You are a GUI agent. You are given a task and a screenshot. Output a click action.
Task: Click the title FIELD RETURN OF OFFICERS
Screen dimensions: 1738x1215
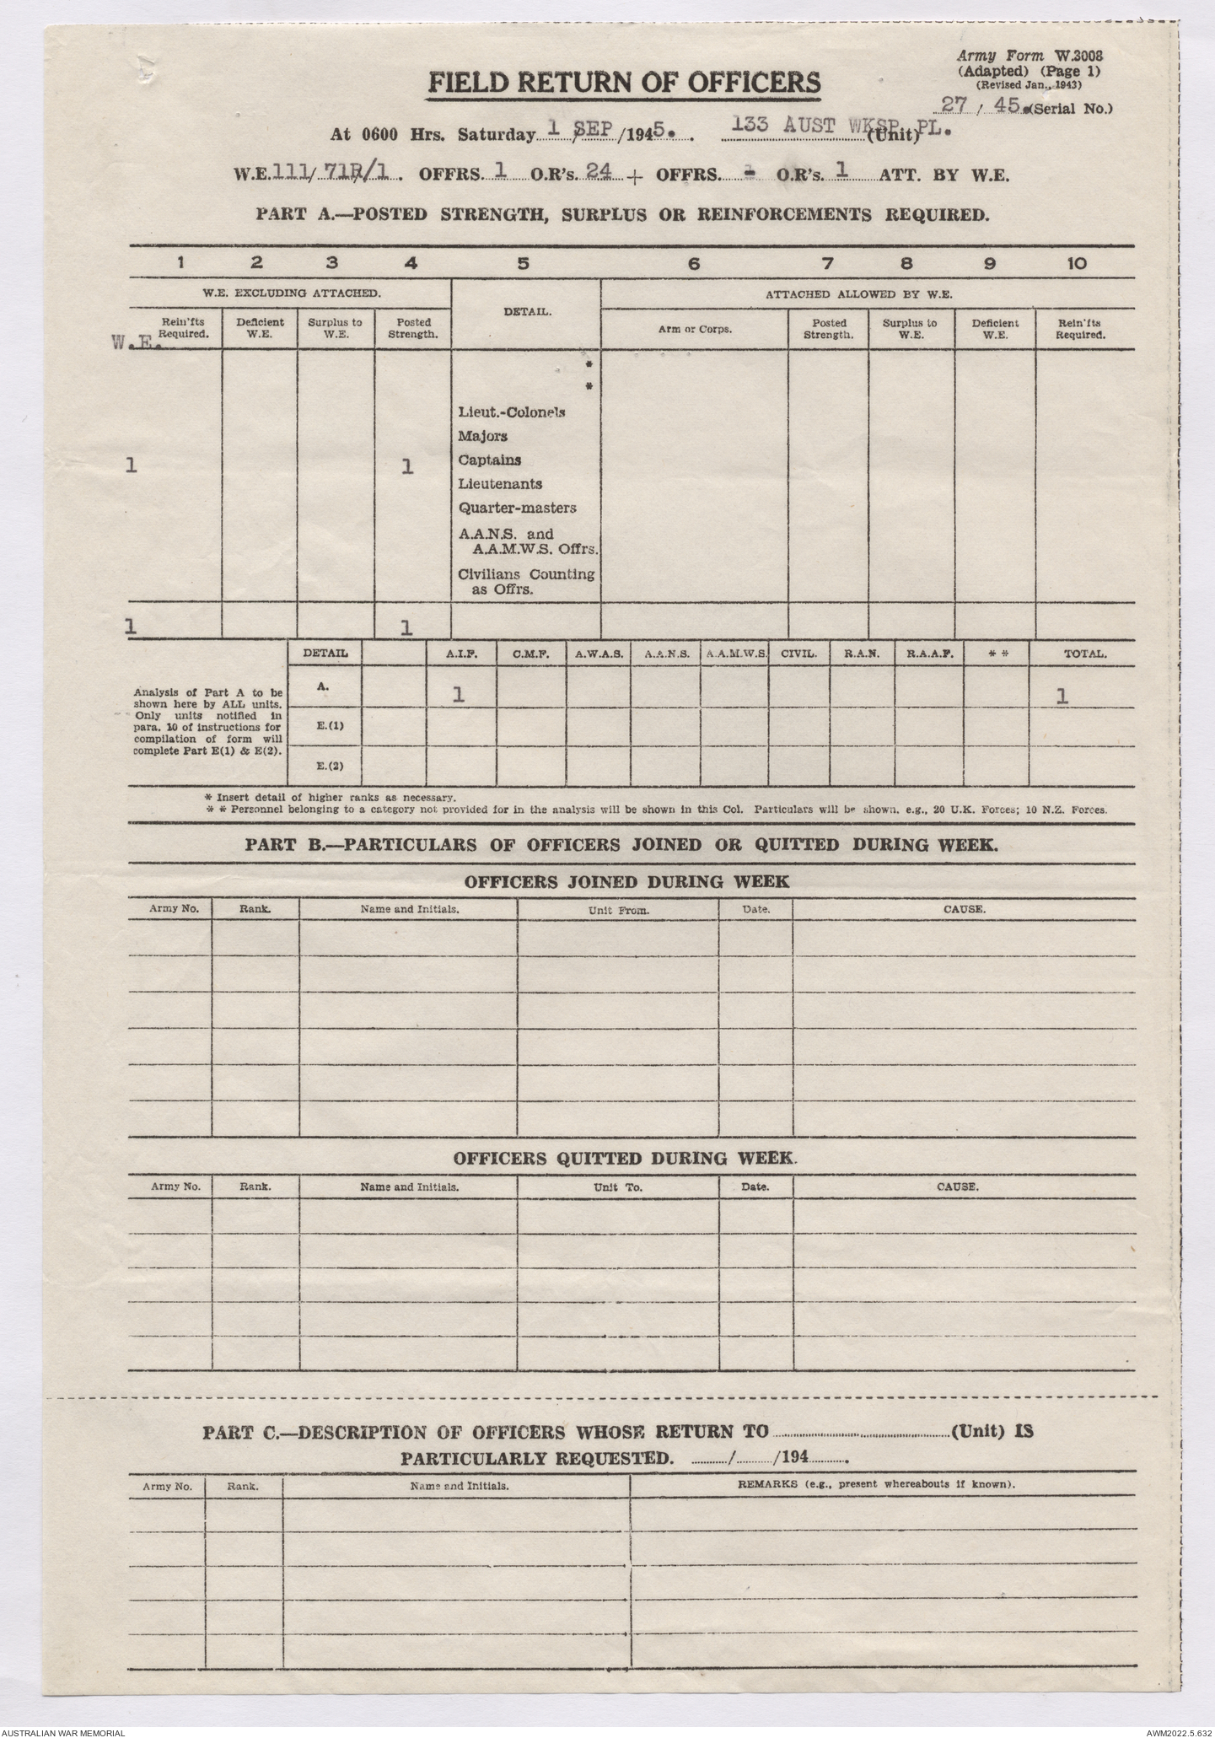(x=624, y=83)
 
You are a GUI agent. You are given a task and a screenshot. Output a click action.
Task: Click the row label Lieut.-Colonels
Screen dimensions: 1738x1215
(x=511, y=412)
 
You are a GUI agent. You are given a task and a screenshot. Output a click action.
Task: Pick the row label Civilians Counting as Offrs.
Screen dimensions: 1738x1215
(x=525, y=582)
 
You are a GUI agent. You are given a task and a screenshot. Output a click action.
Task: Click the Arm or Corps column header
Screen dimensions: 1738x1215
(x=695, y=329)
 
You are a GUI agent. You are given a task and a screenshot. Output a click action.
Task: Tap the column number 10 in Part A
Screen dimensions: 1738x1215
(x=1077, y=263)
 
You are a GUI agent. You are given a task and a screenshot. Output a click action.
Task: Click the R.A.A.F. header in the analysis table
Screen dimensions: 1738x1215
(x=929, y=654)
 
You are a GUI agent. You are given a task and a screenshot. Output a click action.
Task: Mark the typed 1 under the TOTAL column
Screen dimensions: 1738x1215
(x=1062, y=696)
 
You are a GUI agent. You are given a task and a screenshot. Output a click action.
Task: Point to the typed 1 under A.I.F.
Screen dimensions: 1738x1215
(x=458, y=695)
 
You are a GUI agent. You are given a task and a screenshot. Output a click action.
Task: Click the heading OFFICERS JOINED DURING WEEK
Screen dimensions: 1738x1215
(x=626, y=882)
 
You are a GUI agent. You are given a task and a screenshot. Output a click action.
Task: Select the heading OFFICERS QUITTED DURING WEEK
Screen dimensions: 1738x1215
(x=625, y=1158)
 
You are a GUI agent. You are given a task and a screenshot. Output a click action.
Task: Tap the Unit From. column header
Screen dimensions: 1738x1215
(x=618, y=911)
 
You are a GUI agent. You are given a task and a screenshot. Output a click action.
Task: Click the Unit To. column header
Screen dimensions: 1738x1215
(x=618, y=1186)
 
